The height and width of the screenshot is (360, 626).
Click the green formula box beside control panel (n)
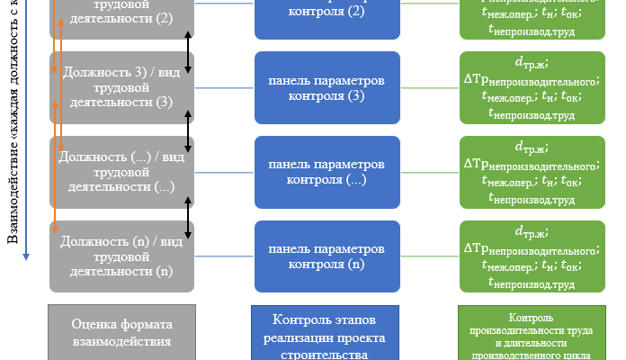coord(530,256)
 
